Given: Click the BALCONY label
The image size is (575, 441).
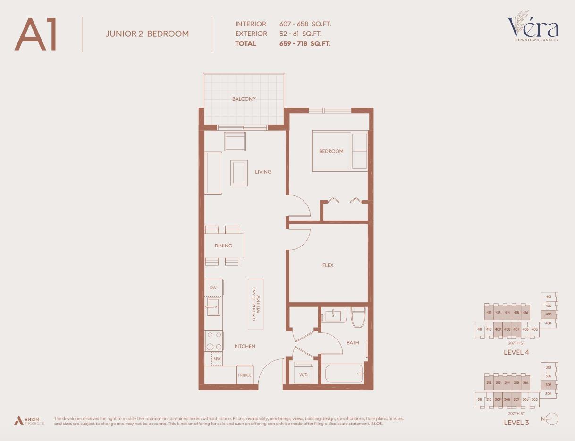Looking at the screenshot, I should point(244,99).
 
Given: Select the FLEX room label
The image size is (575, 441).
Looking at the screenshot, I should point(328,265).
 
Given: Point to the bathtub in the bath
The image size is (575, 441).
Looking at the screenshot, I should point(344,373).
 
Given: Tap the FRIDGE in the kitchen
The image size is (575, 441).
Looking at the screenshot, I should point(245,375).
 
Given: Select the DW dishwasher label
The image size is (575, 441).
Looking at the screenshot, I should point(213,288).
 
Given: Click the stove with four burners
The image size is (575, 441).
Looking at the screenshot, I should point(213,340).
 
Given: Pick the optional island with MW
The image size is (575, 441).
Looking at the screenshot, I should point(255,304).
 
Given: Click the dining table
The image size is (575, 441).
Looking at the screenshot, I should point(224,246).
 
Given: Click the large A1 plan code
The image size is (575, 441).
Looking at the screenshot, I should point(36,34).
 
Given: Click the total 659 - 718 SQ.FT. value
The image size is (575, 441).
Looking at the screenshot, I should point(304,43).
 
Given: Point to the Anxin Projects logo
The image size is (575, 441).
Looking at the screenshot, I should point(29,420).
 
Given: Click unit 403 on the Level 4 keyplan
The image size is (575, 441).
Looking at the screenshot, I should point(548,314).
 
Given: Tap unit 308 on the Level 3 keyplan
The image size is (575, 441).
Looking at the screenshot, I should point(507,399).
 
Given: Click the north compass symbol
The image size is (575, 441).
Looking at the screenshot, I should point(552,418).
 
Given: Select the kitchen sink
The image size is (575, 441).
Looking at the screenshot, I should point(213,307).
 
